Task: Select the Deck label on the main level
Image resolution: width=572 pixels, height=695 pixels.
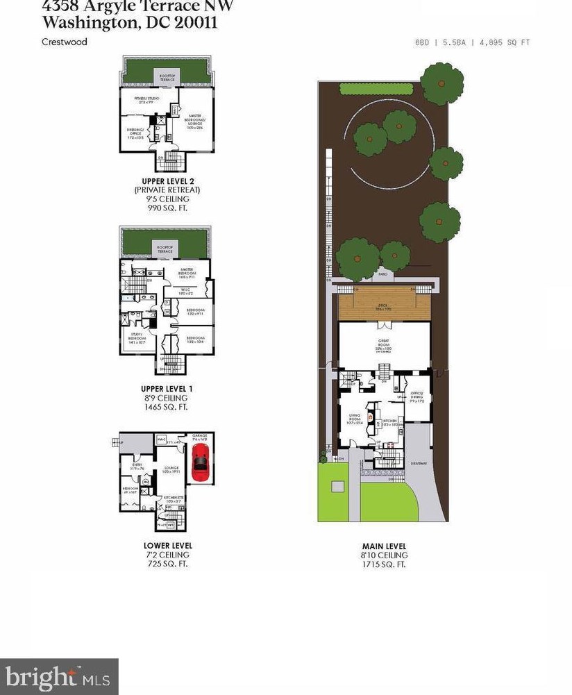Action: [383, 303]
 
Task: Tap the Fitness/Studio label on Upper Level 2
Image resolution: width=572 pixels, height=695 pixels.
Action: [147, 99]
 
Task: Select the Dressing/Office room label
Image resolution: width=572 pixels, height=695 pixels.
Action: [136, 134]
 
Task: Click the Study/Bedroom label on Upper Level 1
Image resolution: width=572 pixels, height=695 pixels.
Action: [135, 340]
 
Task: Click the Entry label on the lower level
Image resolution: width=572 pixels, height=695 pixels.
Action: [136, 466]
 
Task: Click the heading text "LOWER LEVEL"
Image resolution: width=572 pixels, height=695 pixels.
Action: [168, 546]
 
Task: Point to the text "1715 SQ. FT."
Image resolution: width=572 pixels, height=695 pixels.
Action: [384, 564]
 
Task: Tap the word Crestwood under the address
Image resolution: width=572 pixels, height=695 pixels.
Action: [65, 42]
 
